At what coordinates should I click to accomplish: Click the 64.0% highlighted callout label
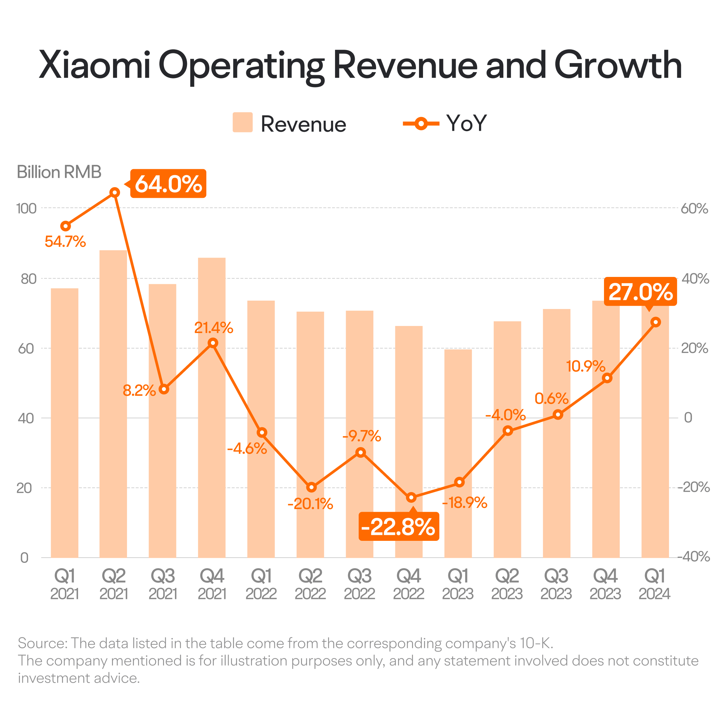[x=168, y=184]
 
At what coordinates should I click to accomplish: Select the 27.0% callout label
[x=640, y=292]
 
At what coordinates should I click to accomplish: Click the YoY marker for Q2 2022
[x=312, y=487]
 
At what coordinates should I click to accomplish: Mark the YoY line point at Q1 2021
[x=65, y=226]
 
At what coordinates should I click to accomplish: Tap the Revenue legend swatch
[x=243, y=122]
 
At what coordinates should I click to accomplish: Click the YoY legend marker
[x=421, y=123]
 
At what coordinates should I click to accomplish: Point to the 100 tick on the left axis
[x=26, y=209]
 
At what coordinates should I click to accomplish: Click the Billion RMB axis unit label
[x=59, y=172]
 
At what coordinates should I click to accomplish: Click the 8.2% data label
[x=139, y=391]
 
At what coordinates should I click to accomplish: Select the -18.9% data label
[x=464, y=503]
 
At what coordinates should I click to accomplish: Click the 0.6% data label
[x=551, y=399]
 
